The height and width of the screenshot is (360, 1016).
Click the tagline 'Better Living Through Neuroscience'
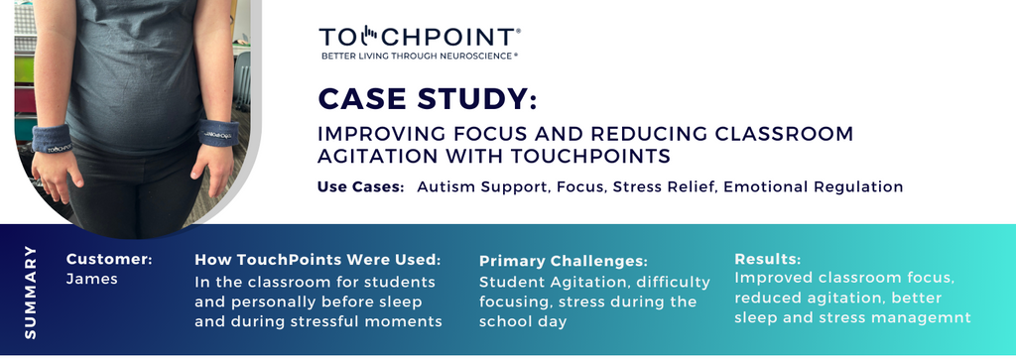click(419, 57)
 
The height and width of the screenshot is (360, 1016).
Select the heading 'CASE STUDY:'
click(428, 100)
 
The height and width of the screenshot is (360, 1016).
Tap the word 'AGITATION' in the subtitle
click(375, 157)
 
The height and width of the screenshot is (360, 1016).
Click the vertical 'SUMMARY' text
click(30, 292)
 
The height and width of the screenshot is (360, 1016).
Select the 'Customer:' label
click(109, 260)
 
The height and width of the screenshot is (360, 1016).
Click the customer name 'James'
click(91, 279)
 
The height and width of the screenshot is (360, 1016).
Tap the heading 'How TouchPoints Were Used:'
click(317, 260)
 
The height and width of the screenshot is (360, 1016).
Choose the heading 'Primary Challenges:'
click(563, 261)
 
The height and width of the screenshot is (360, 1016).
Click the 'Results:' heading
click(767, 259)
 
